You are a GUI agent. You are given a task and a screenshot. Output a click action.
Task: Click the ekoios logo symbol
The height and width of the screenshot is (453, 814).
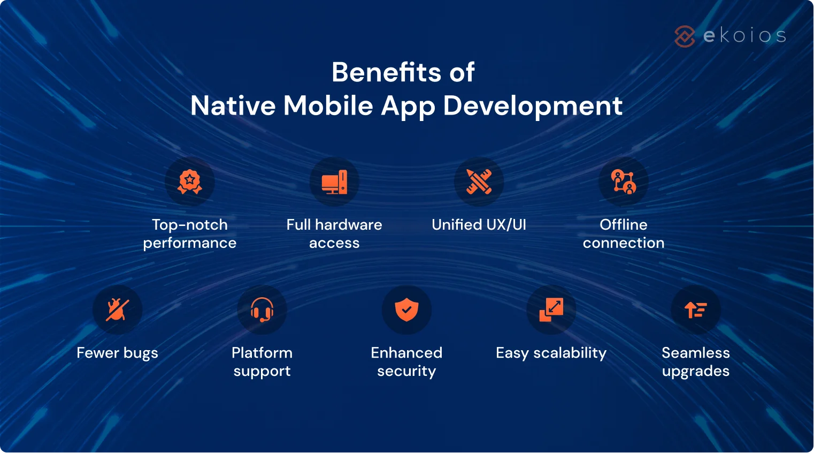pos(685,36)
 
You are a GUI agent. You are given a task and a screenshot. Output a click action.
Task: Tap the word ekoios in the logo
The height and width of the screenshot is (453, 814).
pos(744,36)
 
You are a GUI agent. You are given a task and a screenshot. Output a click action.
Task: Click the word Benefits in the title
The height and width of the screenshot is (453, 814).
pos(386,72)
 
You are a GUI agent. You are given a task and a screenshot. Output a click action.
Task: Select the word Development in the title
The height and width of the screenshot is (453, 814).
pos(533,106)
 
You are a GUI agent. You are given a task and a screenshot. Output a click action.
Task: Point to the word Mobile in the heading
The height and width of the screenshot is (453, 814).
pos(328,105)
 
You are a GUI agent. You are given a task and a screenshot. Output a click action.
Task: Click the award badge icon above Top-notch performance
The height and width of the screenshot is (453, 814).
pos(190,182)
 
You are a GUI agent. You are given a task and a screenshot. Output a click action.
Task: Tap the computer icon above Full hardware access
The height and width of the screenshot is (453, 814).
pos(334,182)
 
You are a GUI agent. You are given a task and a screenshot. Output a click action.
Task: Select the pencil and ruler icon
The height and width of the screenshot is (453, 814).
pos(479,182)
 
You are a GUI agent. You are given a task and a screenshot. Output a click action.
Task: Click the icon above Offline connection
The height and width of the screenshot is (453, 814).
pos(623,182)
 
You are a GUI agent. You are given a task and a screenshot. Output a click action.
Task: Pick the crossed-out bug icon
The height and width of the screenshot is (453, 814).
pos(117,310)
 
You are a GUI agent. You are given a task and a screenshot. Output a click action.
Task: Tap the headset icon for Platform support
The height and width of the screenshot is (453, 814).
pos(262,310)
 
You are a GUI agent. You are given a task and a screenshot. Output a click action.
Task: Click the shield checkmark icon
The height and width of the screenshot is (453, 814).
pos(406,310)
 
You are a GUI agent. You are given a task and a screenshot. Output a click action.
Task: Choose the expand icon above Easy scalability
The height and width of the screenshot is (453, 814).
pos(551,310)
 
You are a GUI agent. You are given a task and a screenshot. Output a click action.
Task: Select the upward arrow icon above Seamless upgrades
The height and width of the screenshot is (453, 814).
pos(695,310)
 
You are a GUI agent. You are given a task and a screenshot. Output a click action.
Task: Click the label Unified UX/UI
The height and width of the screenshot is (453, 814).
pos(479,225)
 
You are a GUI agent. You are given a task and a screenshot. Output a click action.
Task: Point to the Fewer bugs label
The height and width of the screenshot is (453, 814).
pos(117,353)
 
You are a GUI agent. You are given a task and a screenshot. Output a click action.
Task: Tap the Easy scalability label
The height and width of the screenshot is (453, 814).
pos(551,353)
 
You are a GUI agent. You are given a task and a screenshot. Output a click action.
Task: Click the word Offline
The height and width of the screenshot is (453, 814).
pos(623,225)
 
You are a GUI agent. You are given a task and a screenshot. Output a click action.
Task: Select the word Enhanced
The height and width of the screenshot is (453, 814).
pos(406,353)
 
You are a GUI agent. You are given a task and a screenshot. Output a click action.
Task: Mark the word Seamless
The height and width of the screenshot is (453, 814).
pos(695,353)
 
